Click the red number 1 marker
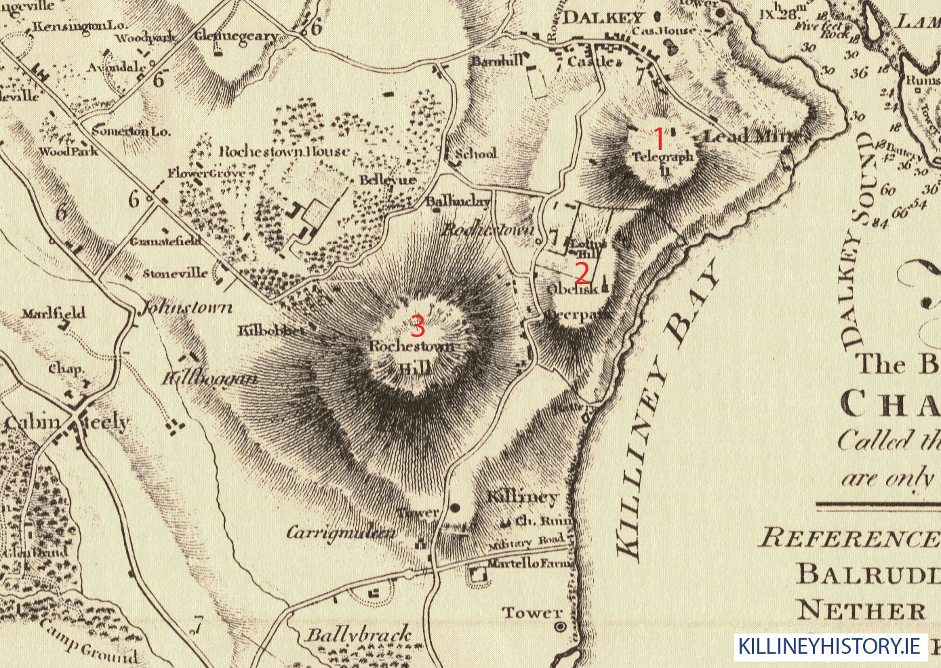[658, 139]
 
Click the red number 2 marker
[582, 273]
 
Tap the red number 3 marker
[418, 326]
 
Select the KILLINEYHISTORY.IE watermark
[830, 646]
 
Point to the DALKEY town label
[602, 18]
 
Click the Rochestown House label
[284, 151]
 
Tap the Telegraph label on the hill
[663, 157]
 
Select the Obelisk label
[572, 289]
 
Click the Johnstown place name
[186, 308]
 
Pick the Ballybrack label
[358, 635]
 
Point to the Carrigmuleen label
[341, 532]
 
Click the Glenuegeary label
[237, 36]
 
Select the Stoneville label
[175, 273]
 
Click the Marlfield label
[54, 313]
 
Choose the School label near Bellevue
[476, 154]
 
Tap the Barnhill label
[498, 61]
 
